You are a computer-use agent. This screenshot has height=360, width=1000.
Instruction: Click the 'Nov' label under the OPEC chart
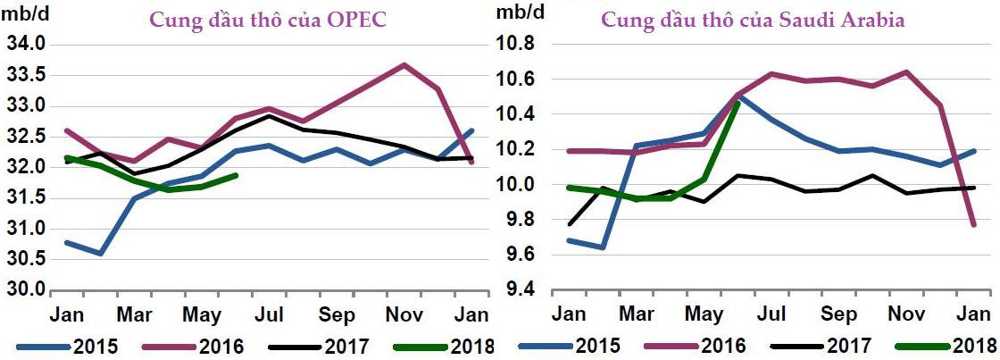[x=403, y=315]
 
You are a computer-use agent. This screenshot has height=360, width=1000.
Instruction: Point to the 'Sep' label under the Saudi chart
[x=838, y=315]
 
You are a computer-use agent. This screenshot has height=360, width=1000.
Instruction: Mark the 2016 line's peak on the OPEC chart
[x=404, y=64]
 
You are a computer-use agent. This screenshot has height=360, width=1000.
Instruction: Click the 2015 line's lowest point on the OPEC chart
[x=100, y=254]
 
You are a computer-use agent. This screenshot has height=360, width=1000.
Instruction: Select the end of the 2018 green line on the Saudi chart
[x=737, y=102]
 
